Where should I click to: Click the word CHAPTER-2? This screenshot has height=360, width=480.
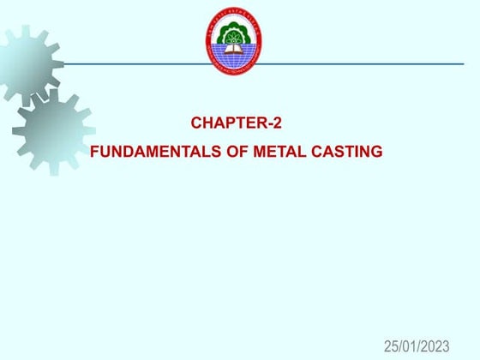236,123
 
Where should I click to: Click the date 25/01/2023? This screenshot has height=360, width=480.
417,346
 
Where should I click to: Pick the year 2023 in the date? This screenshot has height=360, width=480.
434,346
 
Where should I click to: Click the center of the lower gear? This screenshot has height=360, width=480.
52,130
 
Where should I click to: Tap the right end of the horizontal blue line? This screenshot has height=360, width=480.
462,63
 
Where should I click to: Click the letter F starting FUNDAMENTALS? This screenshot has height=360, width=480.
94,153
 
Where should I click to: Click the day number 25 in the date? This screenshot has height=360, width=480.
392,346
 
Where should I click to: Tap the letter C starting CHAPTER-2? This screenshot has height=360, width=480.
196,123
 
